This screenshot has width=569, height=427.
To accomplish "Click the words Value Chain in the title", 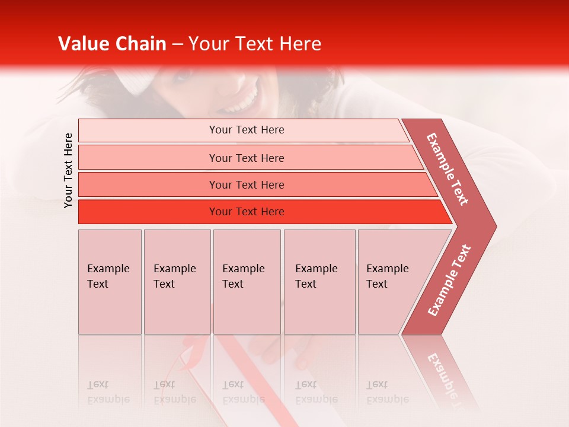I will [112, 44].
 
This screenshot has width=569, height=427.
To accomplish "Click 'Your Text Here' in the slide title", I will [255, 44].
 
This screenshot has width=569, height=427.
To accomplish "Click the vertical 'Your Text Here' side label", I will [68, 170].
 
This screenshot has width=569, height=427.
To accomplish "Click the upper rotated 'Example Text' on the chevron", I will [447, 169].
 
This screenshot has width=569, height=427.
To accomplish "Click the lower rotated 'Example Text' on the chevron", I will [449, 281].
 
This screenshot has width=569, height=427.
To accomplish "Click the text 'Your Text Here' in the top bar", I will [247, 130].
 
